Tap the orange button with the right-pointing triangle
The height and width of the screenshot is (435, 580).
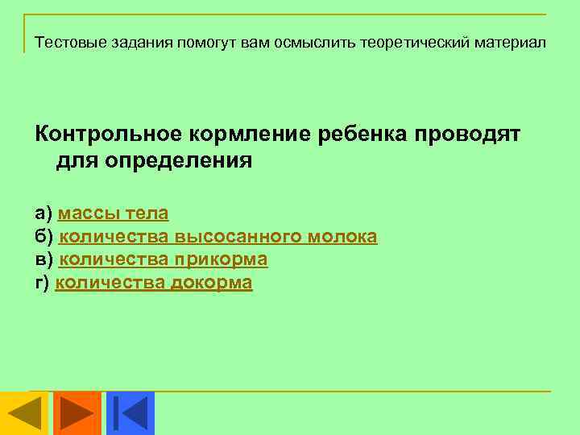[x=77, y=412]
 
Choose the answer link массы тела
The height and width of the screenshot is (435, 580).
[x=114, y=213]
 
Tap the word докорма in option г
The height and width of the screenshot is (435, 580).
[x=211, y=283]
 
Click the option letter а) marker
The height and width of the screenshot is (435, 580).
[x=43, y=213]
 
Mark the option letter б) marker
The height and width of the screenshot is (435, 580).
[x=43, y=237]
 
